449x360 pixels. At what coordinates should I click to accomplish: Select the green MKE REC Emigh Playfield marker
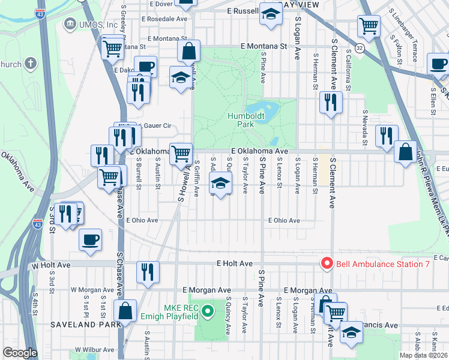(x=207, y=311)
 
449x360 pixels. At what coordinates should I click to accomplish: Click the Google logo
(x=19, y=353)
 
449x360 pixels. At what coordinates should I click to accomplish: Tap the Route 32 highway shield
(x=358, y=47)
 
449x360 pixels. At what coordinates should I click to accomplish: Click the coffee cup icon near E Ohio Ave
(x=90, y=239)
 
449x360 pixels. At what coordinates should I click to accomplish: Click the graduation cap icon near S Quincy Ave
(x=220, y=183)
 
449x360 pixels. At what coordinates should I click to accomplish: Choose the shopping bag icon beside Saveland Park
(x=125, y=310)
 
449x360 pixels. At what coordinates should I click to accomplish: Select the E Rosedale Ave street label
(x=164, y=19)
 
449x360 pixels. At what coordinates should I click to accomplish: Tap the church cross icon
(x=29, y=64)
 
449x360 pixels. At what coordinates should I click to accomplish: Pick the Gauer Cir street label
(x=154, y=126)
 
